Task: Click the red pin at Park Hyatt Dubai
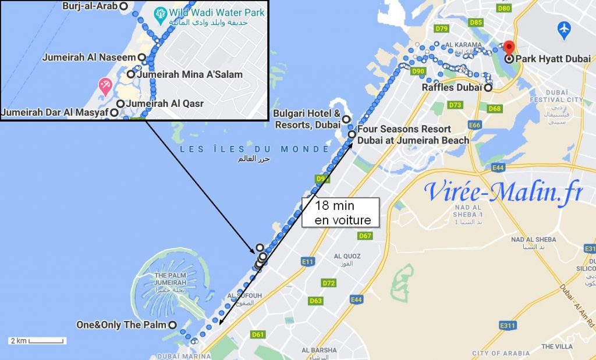tap(509, 47)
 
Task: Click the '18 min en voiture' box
tap(340, 212)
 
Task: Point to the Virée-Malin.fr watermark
tap(503, 191)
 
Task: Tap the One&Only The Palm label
tap(121, 325)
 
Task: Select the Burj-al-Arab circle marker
tap(123, 6)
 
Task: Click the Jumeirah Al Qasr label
tap(164, 104)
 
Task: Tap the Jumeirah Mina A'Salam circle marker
tap(131, 74)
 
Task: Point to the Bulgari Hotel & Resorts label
tap(307, 119)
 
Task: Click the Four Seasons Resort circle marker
tap(352, 134)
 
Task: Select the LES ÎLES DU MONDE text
tap(254, 149)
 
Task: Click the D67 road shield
tap(365, 236)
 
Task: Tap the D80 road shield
tap(504, 9)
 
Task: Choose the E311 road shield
tap(508, 325)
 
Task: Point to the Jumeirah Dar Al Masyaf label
tap(55, 112)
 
